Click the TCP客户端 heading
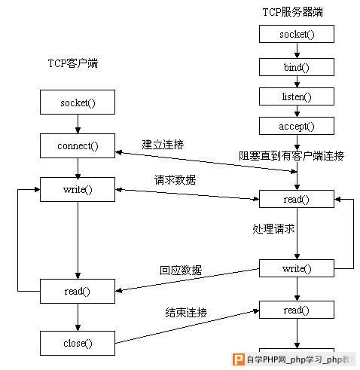(73, 63)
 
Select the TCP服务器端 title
(293, 12)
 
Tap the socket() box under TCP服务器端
(297, 34)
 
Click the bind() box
(297, 67)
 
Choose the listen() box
(297, 96)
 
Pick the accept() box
(297, 126)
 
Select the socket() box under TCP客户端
(78, 102)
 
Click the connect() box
(78, 146)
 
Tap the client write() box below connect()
(78, 189)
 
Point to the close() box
(78, 343)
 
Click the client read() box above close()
(78, 291)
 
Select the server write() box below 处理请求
(297, 268)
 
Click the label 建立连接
(163, 145)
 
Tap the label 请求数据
(175, 180)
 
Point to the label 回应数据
(181, 271)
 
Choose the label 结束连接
(186, 313)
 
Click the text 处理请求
(273, 229)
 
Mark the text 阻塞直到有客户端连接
(291, 156)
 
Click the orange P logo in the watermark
(238, 359)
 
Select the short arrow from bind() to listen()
(297, 81)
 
